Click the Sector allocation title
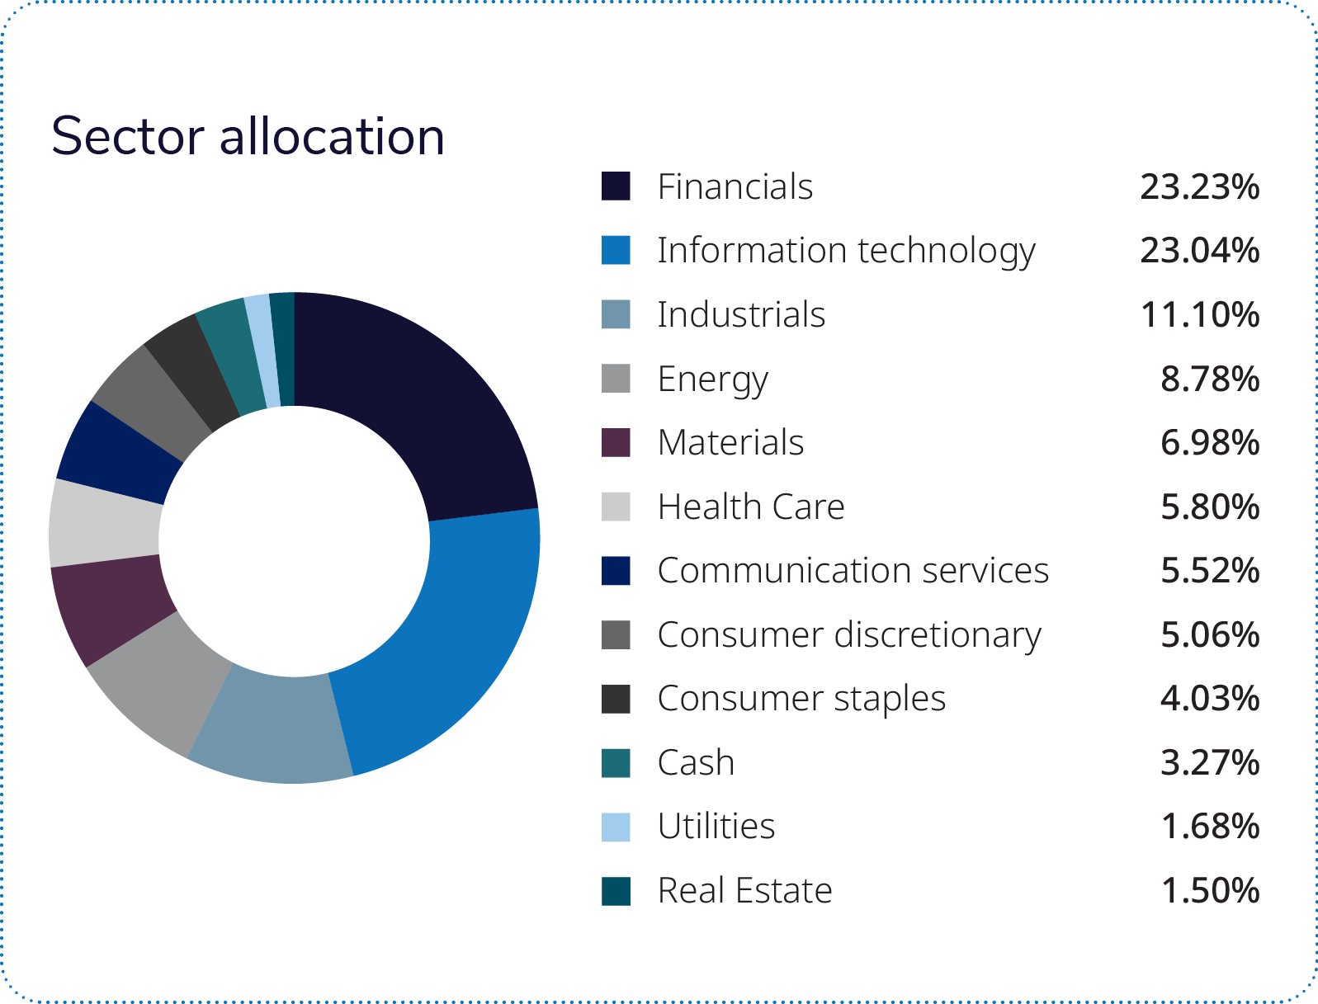[248, 136]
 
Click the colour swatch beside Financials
[616, 186]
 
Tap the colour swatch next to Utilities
[616, 827]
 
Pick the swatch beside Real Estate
[616, 891]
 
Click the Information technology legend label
[846, 251]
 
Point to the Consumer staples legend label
[801, 699]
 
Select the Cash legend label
[696, 763]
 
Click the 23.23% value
[1199, 187]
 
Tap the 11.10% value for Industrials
[1199, 315]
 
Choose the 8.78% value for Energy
[1210, 379]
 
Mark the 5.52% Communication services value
[1210, 571]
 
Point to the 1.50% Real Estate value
[1210, 891]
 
